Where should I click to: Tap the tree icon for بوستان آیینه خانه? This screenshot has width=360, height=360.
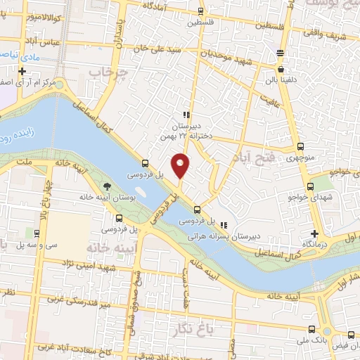pos(106,186)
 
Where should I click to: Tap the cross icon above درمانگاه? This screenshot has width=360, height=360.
pos(314,233)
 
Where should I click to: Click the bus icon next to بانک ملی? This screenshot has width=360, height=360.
pos(311,328)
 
